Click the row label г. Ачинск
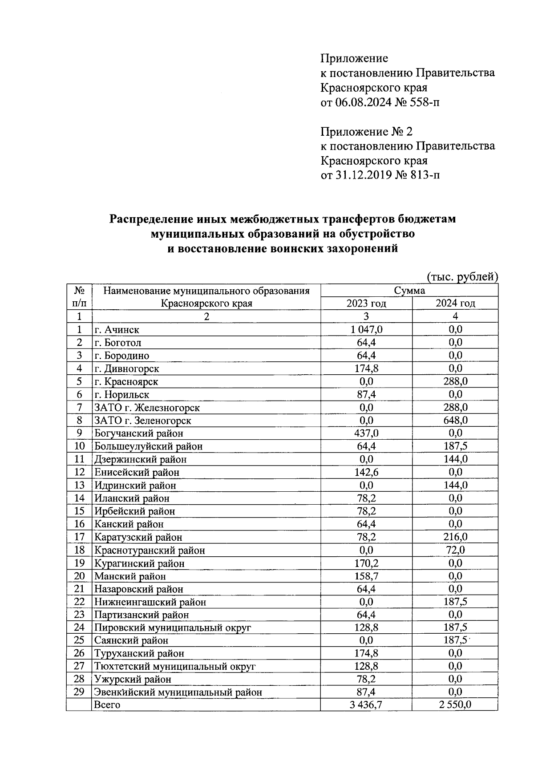[117, 330]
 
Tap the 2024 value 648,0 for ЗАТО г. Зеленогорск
[455, 420]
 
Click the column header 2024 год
[455, 304]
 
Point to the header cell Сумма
[409, 291]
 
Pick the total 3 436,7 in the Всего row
[366, 704]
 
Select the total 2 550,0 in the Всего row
[455, 704]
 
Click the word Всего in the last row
[107, 705]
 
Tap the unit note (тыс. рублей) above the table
[462, 277]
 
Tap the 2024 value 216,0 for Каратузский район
[455, 537]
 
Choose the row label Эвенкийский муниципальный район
[178, 692]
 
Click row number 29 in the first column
[79, 692]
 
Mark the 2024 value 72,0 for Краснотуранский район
[455, 550]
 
